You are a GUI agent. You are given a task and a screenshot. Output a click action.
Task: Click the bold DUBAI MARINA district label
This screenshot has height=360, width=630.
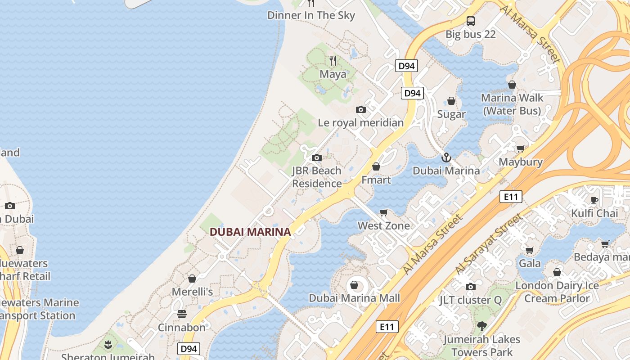[x=250, y=232]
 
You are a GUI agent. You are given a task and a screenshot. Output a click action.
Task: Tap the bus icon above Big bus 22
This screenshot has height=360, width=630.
[x=471, y=21]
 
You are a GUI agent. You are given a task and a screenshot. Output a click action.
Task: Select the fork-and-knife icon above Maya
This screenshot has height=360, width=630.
[x=333, y=60]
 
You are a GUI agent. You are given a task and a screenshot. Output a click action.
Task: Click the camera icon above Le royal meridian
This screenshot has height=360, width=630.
[x=360, y=109]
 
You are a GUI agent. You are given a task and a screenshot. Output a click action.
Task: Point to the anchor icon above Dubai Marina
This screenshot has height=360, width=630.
[x=446, y=157]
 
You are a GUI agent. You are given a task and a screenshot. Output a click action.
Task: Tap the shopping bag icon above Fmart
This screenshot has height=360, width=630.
[x=376, y=166]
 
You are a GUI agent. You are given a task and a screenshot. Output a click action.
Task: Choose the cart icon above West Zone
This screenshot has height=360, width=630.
[x=384, y=212]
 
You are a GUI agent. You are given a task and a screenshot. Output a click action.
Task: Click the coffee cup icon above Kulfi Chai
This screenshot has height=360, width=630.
[x=594, y=200]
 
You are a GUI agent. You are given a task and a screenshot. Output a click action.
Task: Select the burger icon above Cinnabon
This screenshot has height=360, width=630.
[x=181, y=314]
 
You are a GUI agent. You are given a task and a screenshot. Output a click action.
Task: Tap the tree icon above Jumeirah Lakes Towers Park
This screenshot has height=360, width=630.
[x=481, y=326]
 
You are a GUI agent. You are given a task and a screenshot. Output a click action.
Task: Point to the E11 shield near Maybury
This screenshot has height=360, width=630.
[x=511, y=197]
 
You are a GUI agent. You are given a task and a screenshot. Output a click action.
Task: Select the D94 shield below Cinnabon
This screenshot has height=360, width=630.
[x=189, y=349]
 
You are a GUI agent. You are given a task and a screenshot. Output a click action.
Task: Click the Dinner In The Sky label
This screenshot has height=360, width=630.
[x=311, y=15]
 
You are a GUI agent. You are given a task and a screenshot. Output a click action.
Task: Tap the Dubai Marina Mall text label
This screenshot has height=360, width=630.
[x=354, y=298]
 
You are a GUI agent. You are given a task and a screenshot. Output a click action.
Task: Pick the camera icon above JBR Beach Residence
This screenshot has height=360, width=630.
[x=317, y=157]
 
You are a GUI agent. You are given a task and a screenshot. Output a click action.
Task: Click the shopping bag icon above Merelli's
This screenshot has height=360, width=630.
[x=192, y=279]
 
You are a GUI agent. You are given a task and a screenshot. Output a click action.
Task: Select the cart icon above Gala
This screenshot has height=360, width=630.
[x=530, y=250]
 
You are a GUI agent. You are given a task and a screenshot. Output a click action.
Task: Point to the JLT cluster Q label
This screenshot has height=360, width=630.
[x=470, y=300]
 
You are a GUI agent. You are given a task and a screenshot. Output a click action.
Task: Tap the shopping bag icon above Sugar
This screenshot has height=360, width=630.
[x=451, y=101]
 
